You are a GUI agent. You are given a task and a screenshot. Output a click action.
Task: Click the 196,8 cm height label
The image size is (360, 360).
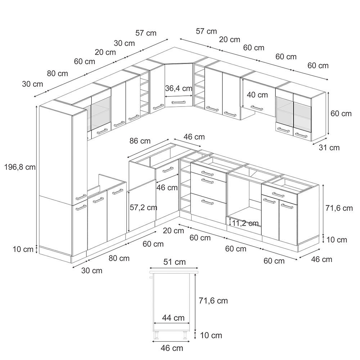tap(20, 167)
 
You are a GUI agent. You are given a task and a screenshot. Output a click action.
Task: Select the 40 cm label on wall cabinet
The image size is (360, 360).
tap(257, 95)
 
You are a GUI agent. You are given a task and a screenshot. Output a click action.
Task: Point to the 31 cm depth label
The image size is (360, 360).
tap(329, 147)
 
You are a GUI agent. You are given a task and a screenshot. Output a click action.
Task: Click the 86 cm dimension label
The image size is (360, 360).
tap(140, 141)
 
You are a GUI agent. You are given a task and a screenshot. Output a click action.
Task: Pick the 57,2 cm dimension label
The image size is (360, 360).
tap(144, 208)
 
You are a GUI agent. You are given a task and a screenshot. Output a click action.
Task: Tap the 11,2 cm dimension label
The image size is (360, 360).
tap(245, 223)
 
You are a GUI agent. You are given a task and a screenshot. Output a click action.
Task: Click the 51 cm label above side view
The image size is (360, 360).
tap(175, 262)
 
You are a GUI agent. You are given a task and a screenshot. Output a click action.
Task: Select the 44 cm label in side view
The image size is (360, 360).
tap(174, 318)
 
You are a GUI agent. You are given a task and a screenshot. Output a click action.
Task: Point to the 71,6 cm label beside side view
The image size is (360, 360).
tap(213, 301)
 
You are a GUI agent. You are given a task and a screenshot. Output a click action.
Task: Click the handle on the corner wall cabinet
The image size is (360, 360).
tap(179, 102)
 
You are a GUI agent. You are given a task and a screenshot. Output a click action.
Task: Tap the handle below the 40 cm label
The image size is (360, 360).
tap(257, 108)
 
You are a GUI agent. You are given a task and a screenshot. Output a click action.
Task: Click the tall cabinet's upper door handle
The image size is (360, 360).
tap(81, 197)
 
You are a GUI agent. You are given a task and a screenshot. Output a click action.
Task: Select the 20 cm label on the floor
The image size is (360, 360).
tap(174, 230)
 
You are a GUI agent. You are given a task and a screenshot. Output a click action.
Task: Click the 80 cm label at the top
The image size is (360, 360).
tap(58, 73)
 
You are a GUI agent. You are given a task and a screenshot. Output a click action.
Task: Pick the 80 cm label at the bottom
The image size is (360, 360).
tap(119, 258)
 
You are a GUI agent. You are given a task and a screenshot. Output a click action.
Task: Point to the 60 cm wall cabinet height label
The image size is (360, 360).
tap(341, 113)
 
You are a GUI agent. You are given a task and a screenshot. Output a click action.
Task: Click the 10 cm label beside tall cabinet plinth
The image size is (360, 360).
tap(23, 249)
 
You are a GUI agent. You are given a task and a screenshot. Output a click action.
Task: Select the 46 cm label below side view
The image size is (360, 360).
tap(172, 348)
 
